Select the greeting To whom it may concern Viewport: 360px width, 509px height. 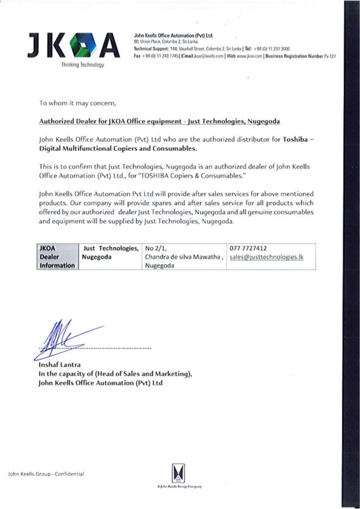coord(77,103)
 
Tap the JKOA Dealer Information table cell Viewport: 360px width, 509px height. coord(57,256)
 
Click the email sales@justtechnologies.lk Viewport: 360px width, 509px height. coord(267,257)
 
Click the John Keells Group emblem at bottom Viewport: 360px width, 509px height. coord(178,472)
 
